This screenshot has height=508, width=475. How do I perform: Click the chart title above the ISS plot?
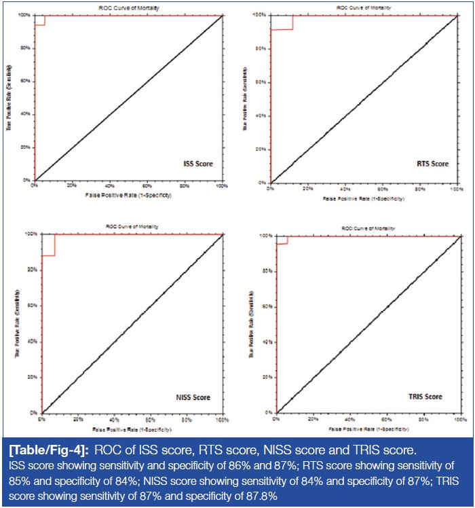[x=127, y=8]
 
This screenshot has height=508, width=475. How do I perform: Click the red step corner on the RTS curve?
[x=293, y=29]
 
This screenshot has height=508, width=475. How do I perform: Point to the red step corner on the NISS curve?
[x=54, y=255]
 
